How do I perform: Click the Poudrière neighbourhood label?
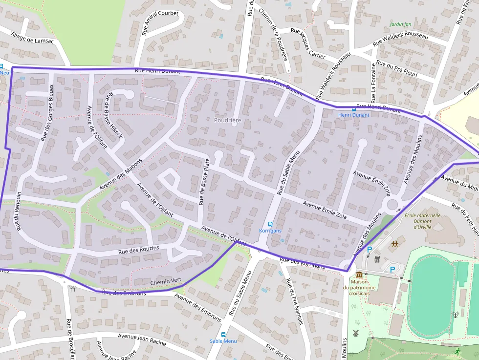227,120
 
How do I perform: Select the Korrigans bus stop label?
270,231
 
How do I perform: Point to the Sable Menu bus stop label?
223,341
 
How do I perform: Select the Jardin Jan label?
400,24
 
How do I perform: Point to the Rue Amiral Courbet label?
160,23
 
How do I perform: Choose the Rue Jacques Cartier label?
307,43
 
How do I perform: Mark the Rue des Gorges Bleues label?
47,113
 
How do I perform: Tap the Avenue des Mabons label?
121,174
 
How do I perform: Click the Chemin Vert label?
166,281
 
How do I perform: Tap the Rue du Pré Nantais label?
295,301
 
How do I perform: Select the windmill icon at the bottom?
356,333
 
